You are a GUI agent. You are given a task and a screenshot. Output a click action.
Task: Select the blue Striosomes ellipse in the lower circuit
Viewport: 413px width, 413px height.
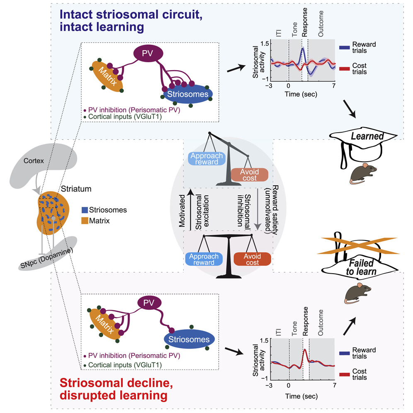coord(189,340)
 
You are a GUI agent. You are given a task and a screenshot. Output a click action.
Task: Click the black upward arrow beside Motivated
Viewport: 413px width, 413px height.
coord(189,207)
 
